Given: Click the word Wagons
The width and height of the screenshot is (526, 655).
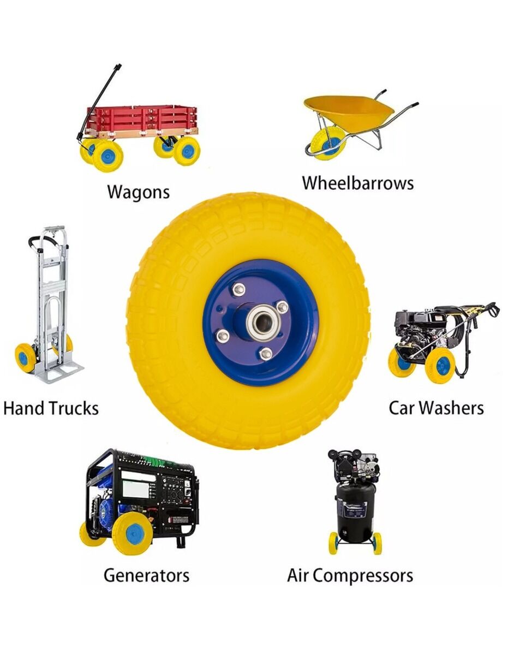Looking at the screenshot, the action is [x=139, y=192].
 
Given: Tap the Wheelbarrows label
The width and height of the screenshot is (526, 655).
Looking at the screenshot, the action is [x=358, y=183].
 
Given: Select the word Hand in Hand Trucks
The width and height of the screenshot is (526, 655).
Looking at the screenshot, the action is [x=24, y=408].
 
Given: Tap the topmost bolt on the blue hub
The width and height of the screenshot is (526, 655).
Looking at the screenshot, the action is [x=239, y=289].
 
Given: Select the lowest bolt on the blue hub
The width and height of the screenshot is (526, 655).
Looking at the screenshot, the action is [x=266, y=354].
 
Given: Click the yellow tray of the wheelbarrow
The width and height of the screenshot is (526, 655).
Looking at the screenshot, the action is [x=347, y=110].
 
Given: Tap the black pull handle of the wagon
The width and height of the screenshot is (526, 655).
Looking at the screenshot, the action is [x=99, y=100].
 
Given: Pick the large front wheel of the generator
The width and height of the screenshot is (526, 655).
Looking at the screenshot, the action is [x=133, y=533].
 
